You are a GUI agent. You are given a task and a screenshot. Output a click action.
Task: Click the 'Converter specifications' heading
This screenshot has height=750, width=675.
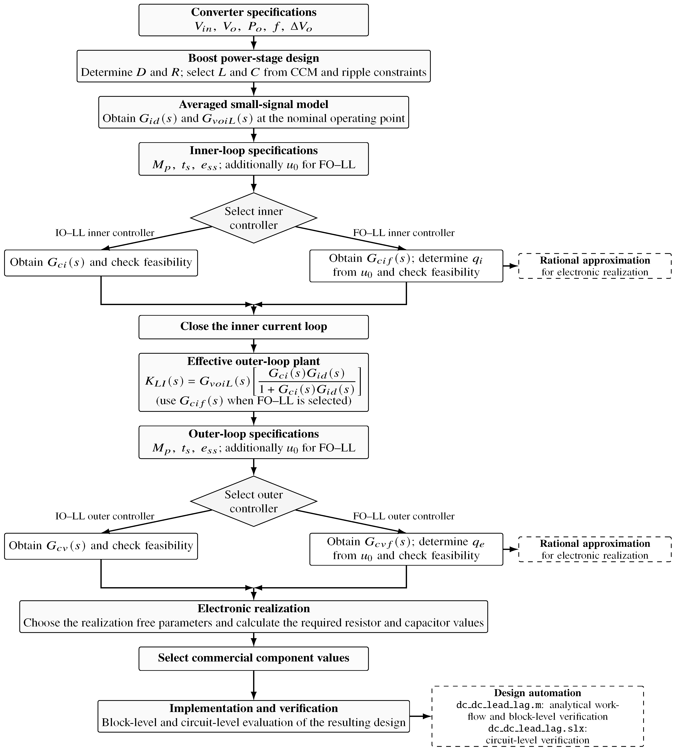[254, 12]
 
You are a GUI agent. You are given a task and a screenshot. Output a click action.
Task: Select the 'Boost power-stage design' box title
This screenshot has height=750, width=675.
[254, 58]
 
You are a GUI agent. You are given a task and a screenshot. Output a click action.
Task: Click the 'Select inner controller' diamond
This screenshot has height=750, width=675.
[254, 218]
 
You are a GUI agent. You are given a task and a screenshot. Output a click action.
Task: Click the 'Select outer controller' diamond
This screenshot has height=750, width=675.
[254, 501]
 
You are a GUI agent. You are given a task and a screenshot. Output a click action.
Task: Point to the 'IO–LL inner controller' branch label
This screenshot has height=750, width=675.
[105, 233]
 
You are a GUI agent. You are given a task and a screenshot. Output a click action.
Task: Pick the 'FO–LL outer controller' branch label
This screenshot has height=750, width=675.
[404, 516]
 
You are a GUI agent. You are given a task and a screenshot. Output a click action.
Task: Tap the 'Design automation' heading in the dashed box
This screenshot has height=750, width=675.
[537, 693]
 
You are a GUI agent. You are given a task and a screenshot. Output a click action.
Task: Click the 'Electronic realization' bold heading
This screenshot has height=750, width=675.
[254, 609]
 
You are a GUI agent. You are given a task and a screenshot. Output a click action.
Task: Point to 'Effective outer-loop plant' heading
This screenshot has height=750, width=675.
[254, 361]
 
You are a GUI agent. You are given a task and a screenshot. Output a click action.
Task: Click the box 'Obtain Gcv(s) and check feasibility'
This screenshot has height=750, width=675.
[101, 546]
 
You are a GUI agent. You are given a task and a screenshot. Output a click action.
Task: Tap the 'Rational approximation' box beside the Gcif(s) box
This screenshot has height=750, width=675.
[595, 266]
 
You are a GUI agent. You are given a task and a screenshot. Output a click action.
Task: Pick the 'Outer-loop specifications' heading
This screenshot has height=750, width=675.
[254, 434]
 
